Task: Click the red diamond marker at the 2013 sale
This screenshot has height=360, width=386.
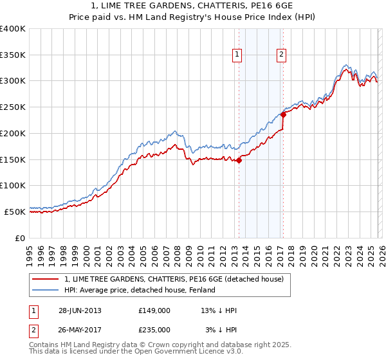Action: point(239,161)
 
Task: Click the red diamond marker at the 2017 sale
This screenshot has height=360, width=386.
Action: point(283,114)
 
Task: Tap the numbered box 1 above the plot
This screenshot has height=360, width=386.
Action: point(237,55)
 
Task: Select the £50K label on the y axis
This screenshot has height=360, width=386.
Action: point(15,212)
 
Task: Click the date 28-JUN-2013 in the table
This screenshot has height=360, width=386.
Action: point(80,310)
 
